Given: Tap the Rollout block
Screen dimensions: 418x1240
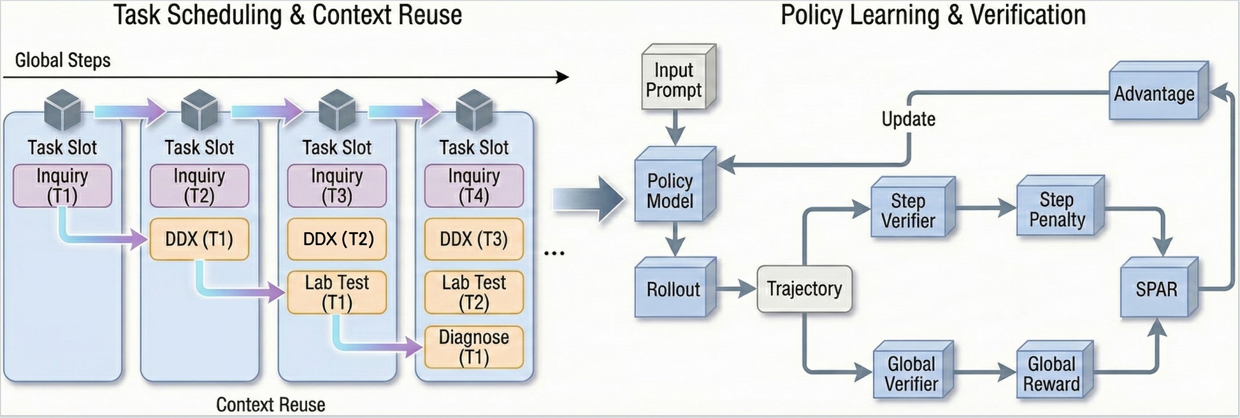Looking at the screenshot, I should point(673,289).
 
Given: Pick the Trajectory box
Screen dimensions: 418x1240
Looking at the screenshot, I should point(804,289).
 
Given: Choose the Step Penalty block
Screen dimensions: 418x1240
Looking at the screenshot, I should point(1057,209).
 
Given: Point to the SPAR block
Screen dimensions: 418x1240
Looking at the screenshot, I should point(1156,289).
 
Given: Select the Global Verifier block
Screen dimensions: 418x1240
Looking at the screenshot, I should point(911,373).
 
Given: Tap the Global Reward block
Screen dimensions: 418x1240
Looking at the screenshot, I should point(1052,373).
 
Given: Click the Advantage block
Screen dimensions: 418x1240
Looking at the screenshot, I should point(1154,94).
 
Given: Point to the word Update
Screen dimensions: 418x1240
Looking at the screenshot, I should point(908,119).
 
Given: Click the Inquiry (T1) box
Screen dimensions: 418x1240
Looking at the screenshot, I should point(62,186).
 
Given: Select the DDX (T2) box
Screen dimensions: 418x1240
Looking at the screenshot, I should point(337,239).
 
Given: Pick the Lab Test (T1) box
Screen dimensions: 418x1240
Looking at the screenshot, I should point(337,292).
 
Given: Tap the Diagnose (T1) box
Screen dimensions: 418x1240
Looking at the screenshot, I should point(474,347).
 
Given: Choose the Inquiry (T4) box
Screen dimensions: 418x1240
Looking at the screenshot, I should point(474,186).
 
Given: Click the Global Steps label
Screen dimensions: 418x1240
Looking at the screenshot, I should point(63,61).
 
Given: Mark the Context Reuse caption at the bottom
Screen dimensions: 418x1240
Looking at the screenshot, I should point(270,404).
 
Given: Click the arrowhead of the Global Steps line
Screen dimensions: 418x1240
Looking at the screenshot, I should point(562,77).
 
